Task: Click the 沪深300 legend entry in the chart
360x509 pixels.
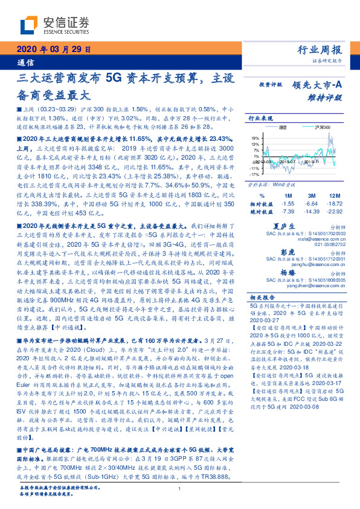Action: [307, 128]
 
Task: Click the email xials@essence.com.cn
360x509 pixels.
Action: [322, 238]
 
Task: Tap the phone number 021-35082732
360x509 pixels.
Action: [329, 244]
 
